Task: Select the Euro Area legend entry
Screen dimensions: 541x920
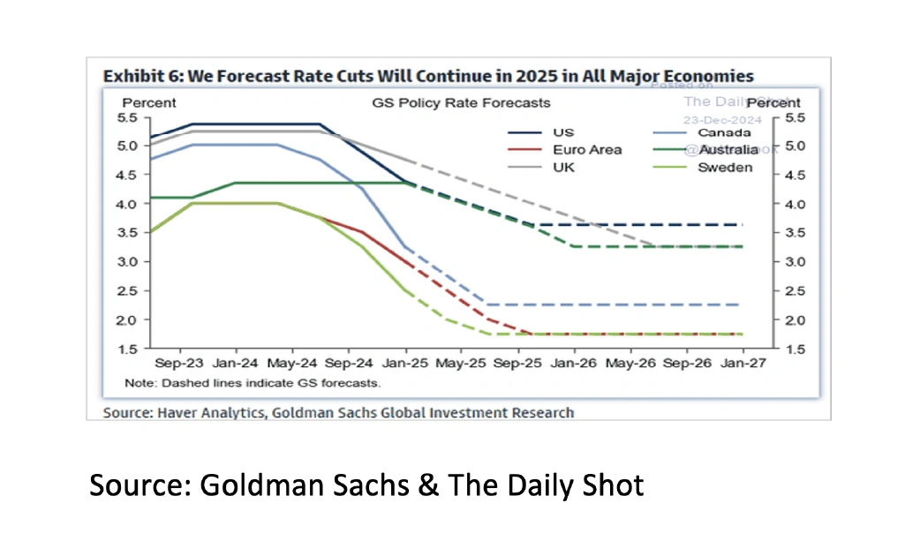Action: point(587,150)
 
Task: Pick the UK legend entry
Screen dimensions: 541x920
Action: point(563,167)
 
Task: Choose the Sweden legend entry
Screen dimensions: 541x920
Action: point(725,167)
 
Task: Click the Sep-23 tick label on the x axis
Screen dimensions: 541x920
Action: point(177,363)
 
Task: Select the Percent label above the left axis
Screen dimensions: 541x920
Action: point(148,103)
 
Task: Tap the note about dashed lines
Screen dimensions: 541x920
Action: point(252,383)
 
